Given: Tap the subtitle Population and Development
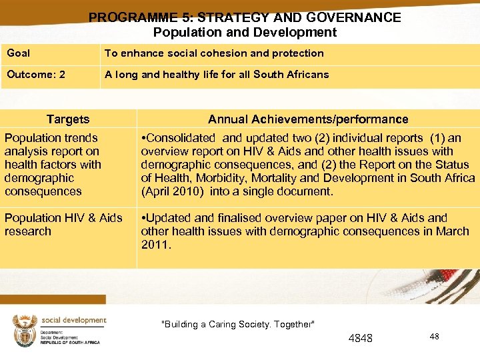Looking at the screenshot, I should (x=245, y=32).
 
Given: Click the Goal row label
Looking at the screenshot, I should (x=19, y=53).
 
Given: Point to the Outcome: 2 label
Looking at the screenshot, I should (x=36, y=75).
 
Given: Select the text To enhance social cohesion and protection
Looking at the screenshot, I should (x=214, y=53).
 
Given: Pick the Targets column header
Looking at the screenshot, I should (x=68, y=119).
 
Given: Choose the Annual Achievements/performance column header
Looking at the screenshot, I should (x=308, y=119).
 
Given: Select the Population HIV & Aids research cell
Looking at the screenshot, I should (x=63, y=225).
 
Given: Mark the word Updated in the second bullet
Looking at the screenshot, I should (x=167, y=218).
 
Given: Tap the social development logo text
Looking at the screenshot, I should (x=73, y=321).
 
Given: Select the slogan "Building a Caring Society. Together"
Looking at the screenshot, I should (x=238, y=325).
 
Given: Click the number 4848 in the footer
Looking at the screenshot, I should (x=361, y=339).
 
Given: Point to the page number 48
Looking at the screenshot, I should (x=434, y=337).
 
